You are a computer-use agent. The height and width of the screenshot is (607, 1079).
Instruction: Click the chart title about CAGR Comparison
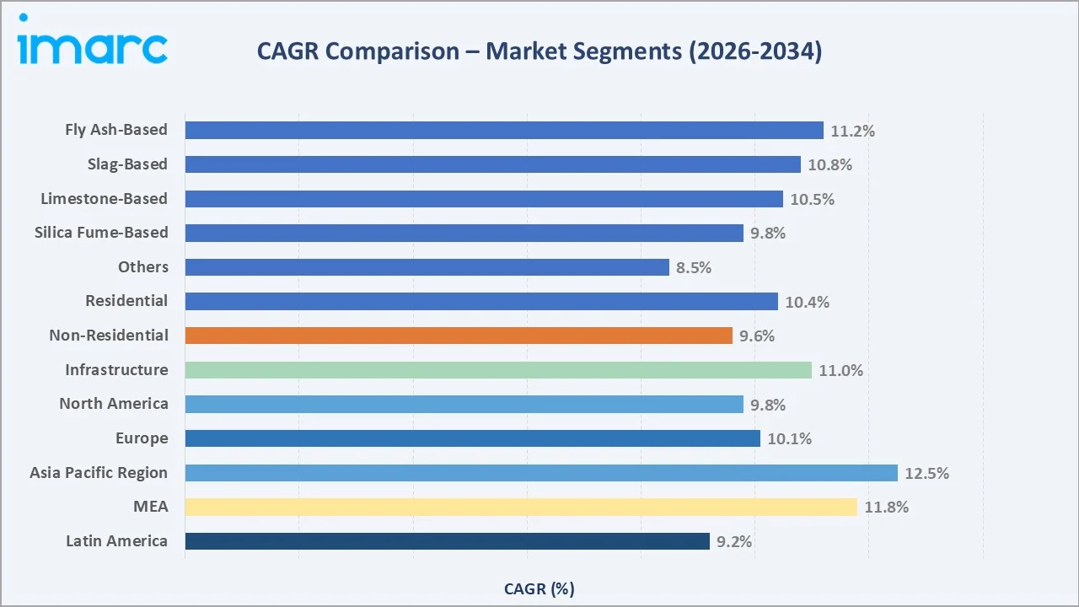(x=539, y=51)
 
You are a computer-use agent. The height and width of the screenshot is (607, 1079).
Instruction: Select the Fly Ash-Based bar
(x=503, y=130)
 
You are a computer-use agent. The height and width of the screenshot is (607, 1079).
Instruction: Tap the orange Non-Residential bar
(x=459, y=336)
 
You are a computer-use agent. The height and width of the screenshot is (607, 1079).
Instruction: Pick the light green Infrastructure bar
(x=498, y=370)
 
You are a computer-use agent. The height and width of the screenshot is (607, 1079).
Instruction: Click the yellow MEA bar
(x=521, y=507)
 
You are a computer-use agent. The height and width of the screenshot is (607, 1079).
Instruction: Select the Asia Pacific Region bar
(x=541, y=473)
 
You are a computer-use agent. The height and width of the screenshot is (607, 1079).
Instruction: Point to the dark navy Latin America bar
(x=447, y=541)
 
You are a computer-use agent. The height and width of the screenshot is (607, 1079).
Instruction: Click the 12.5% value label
(x=926, y=473)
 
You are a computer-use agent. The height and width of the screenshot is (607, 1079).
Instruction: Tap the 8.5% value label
(x=694, y=267)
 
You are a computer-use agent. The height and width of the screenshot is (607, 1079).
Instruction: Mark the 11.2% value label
(x=852, y=131)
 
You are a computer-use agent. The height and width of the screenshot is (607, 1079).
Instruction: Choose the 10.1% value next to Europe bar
(x=789, y=438)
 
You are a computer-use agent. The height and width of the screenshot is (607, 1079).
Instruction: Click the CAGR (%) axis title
(x=539, y=588)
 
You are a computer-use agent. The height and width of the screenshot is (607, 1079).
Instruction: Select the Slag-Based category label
(x=127, y=164)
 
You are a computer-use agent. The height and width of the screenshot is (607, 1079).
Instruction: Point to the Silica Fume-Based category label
(x=101, y=233)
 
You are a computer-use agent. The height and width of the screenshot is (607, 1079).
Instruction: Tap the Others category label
(x=142, y=267)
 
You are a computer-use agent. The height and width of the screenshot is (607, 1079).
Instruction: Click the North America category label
(x=114, y=404)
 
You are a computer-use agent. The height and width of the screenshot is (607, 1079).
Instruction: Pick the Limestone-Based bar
(x=484, y=199)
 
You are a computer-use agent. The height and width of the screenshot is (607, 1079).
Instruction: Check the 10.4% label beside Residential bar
(x=807, y=302)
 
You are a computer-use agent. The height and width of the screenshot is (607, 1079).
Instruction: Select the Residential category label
(x=126, y=301)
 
